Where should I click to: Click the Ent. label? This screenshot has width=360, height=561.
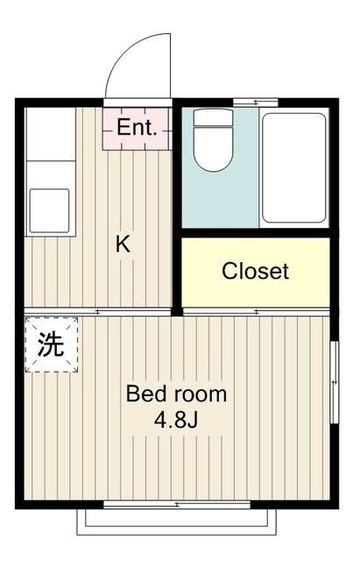137,128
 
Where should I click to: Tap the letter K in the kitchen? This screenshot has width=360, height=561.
124,245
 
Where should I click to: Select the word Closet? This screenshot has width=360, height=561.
255,271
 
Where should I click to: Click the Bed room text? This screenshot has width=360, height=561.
176,394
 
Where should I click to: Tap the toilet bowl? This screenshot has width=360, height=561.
211,150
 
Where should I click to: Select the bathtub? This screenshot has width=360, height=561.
293,167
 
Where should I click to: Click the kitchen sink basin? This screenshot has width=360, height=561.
50,209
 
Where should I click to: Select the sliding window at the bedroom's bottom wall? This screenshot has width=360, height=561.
175,504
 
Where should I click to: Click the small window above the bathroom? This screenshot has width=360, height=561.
255,103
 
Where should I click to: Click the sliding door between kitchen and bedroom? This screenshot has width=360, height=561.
96,312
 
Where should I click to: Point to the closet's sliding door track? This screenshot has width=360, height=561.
256,312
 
